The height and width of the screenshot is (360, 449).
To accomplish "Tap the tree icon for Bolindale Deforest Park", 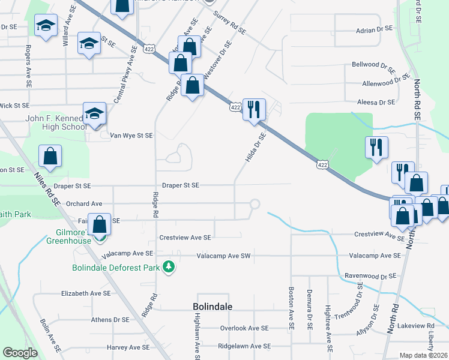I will click(169, 266).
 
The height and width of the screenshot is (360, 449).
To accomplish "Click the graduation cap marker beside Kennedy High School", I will click(94, 114).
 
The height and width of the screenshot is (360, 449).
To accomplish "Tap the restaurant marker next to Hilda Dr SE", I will click(254, 109).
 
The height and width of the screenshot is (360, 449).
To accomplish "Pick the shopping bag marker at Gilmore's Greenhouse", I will click(100, 225).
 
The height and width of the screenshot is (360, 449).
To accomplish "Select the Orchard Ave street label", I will click(84, 204).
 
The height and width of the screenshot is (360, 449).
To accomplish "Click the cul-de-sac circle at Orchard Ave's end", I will click(255, 205).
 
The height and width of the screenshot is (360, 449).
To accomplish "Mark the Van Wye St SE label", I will click(131, 136).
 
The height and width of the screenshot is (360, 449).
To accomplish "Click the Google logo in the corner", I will click(20, 353).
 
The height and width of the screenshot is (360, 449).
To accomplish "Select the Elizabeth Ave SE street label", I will click(86, 293).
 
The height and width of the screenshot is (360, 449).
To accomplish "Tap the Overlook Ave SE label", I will click(244, 328).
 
